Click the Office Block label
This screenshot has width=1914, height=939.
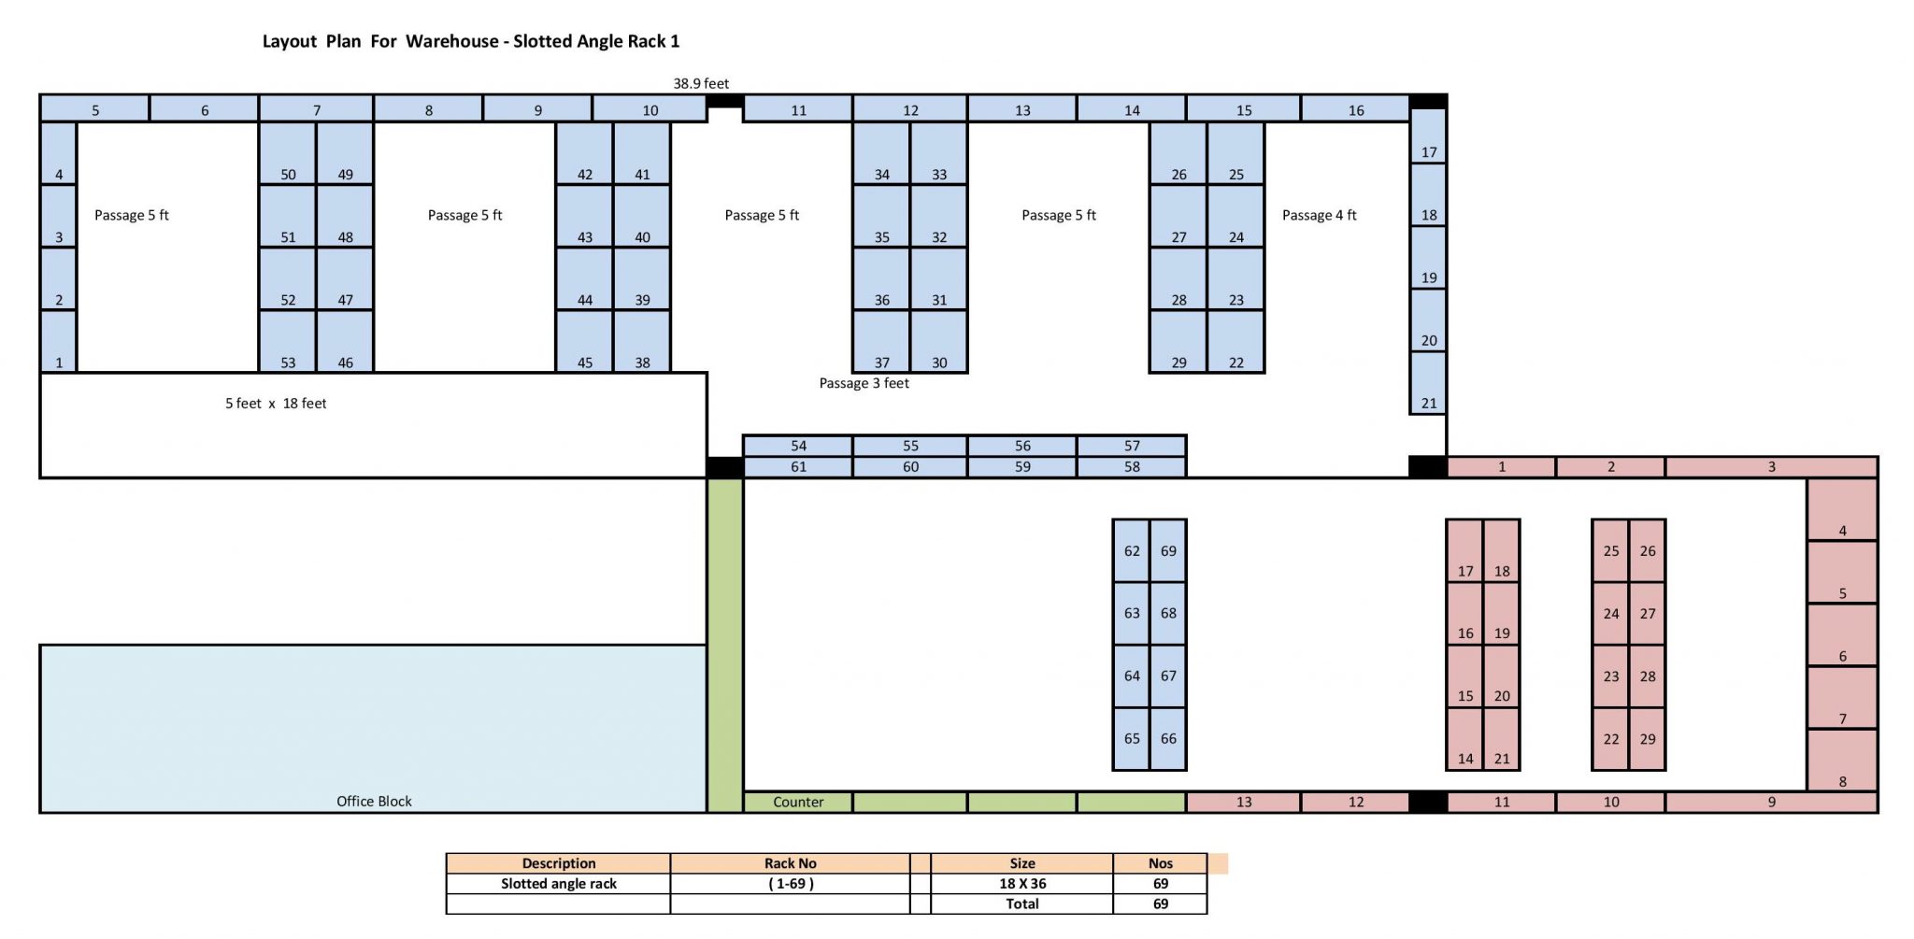374,801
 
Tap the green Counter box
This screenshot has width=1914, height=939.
797,802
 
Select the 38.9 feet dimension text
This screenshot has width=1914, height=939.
701,83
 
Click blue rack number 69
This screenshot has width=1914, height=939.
1168,551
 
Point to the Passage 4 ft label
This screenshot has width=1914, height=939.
1319,215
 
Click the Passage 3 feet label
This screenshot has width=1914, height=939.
864,383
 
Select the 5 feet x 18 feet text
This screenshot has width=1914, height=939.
276,404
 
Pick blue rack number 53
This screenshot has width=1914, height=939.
288,343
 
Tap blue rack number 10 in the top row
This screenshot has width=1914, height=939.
650,109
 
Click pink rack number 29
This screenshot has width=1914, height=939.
1648,739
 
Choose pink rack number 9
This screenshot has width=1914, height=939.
1771,802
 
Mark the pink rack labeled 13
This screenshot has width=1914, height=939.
1243,802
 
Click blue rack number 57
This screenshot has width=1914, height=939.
1132,446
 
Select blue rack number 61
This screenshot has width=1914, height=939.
798,466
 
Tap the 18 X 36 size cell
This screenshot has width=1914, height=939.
1021,883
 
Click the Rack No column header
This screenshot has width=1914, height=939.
790,863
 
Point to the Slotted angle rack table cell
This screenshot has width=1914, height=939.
558,883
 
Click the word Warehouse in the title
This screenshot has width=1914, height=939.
451,41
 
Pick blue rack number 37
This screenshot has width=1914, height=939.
881,343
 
